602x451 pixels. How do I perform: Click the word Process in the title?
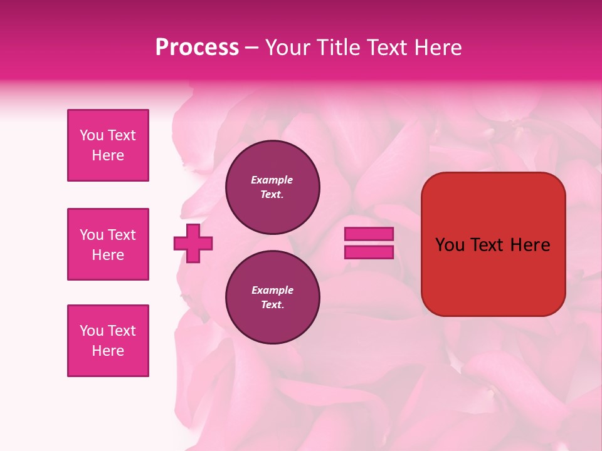click(x=197, y=48)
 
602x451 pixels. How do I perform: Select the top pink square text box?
click(x=108, y=145)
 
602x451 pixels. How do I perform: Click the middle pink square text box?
click(x=108, y=244)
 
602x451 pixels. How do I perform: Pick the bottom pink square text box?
click(x=108, y=341)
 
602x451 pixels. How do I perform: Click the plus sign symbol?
click(x=193, y=243)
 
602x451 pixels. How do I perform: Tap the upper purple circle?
click(x=272, y=187)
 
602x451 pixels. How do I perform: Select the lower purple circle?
click(x=272, y=297)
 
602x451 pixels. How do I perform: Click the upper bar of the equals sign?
click(x=369, y=234)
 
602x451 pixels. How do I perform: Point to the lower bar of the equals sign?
click(x=369, y=252)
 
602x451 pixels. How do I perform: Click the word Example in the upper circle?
click(x=272, y=180)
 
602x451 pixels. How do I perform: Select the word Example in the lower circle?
click(x=272, y=290)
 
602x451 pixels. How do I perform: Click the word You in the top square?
click(x=92, y=135)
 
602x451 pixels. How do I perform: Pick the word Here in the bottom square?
click(x=108, y=351)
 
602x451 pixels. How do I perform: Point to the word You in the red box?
click(x=451, y=245)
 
